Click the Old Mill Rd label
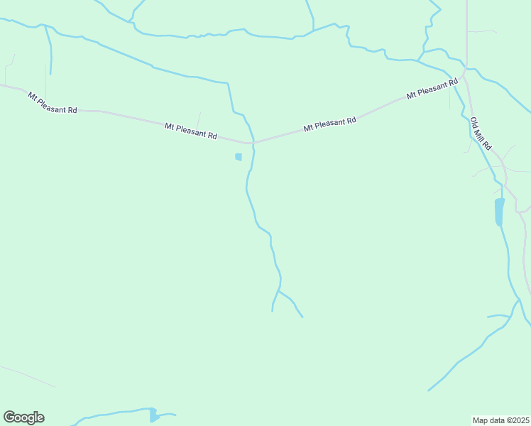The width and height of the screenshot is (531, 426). click(481, 133)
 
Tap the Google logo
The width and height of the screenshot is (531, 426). click(23, 417)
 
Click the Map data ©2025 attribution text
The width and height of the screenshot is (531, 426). click(500, 420)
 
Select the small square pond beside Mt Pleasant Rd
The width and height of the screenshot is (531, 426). click(239, 157)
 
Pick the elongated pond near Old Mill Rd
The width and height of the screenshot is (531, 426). click(499, 212)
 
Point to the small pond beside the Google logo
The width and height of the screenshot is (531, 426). click(153, 415)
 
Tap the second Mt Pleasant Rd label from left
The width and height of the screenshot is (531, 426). click(190, 131)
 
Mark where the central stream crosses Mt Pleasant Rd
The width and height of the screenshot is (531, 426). click(252, 141)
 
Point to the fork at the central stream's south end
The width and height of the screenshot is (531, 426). click(278, 290)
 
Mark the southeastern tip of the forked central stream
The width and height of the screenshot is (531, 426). click(302, 317)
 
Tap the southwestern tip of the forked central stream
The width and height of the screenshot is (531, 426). click(273, 310)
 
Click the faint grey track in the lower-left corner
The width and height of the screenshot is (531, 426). click(28, 376)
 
